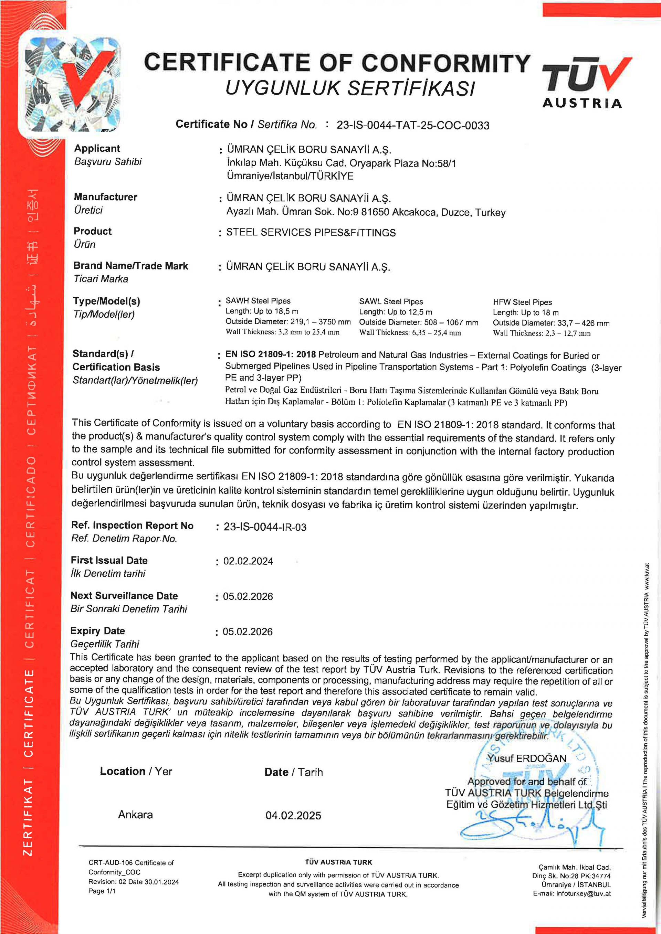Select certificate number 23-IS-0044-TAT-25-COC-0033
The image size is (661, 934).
[x=412, y=125]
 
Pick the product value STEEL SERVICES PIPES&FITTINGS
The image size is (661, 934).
[x=311, y=233]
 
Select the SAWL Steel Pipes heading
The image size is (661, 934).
[x=391, y=301]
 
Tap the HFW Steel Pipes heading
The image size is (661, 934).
[x=522, y=302]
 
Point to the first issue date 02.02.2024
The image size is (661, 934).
[x=248, y=561]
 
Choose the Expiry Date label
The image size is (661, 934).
[x=97, y=631]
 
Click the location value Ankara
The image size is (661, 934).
[x=136, y=815]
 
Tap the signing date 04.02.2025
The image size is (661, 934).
[x=293, y=816]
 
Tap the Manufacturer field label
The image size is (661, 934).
[x=105, y=197]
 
